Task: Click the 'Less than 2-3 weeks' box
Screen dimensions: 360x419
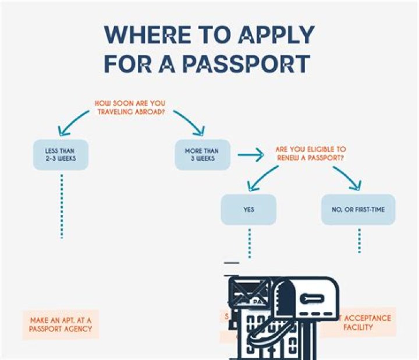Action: point(61,154)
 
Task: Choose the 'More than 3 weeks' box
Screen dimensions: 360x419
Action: point(201,154)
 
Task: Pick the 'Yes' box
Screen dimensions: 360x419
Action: point(248,209)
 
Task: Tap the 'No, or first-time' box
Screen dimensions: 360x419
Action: point(358,209)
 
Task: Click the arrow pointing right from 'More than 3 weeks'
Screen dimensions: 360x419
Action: point(250,155)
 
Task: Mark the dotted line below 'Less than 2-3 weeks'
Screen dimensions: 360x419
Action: point(61,207)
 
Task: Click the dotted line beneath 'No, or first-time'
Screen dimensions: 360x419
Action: point(359,240)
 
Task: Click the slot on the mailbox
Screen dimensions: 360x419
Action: point(311,298)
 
